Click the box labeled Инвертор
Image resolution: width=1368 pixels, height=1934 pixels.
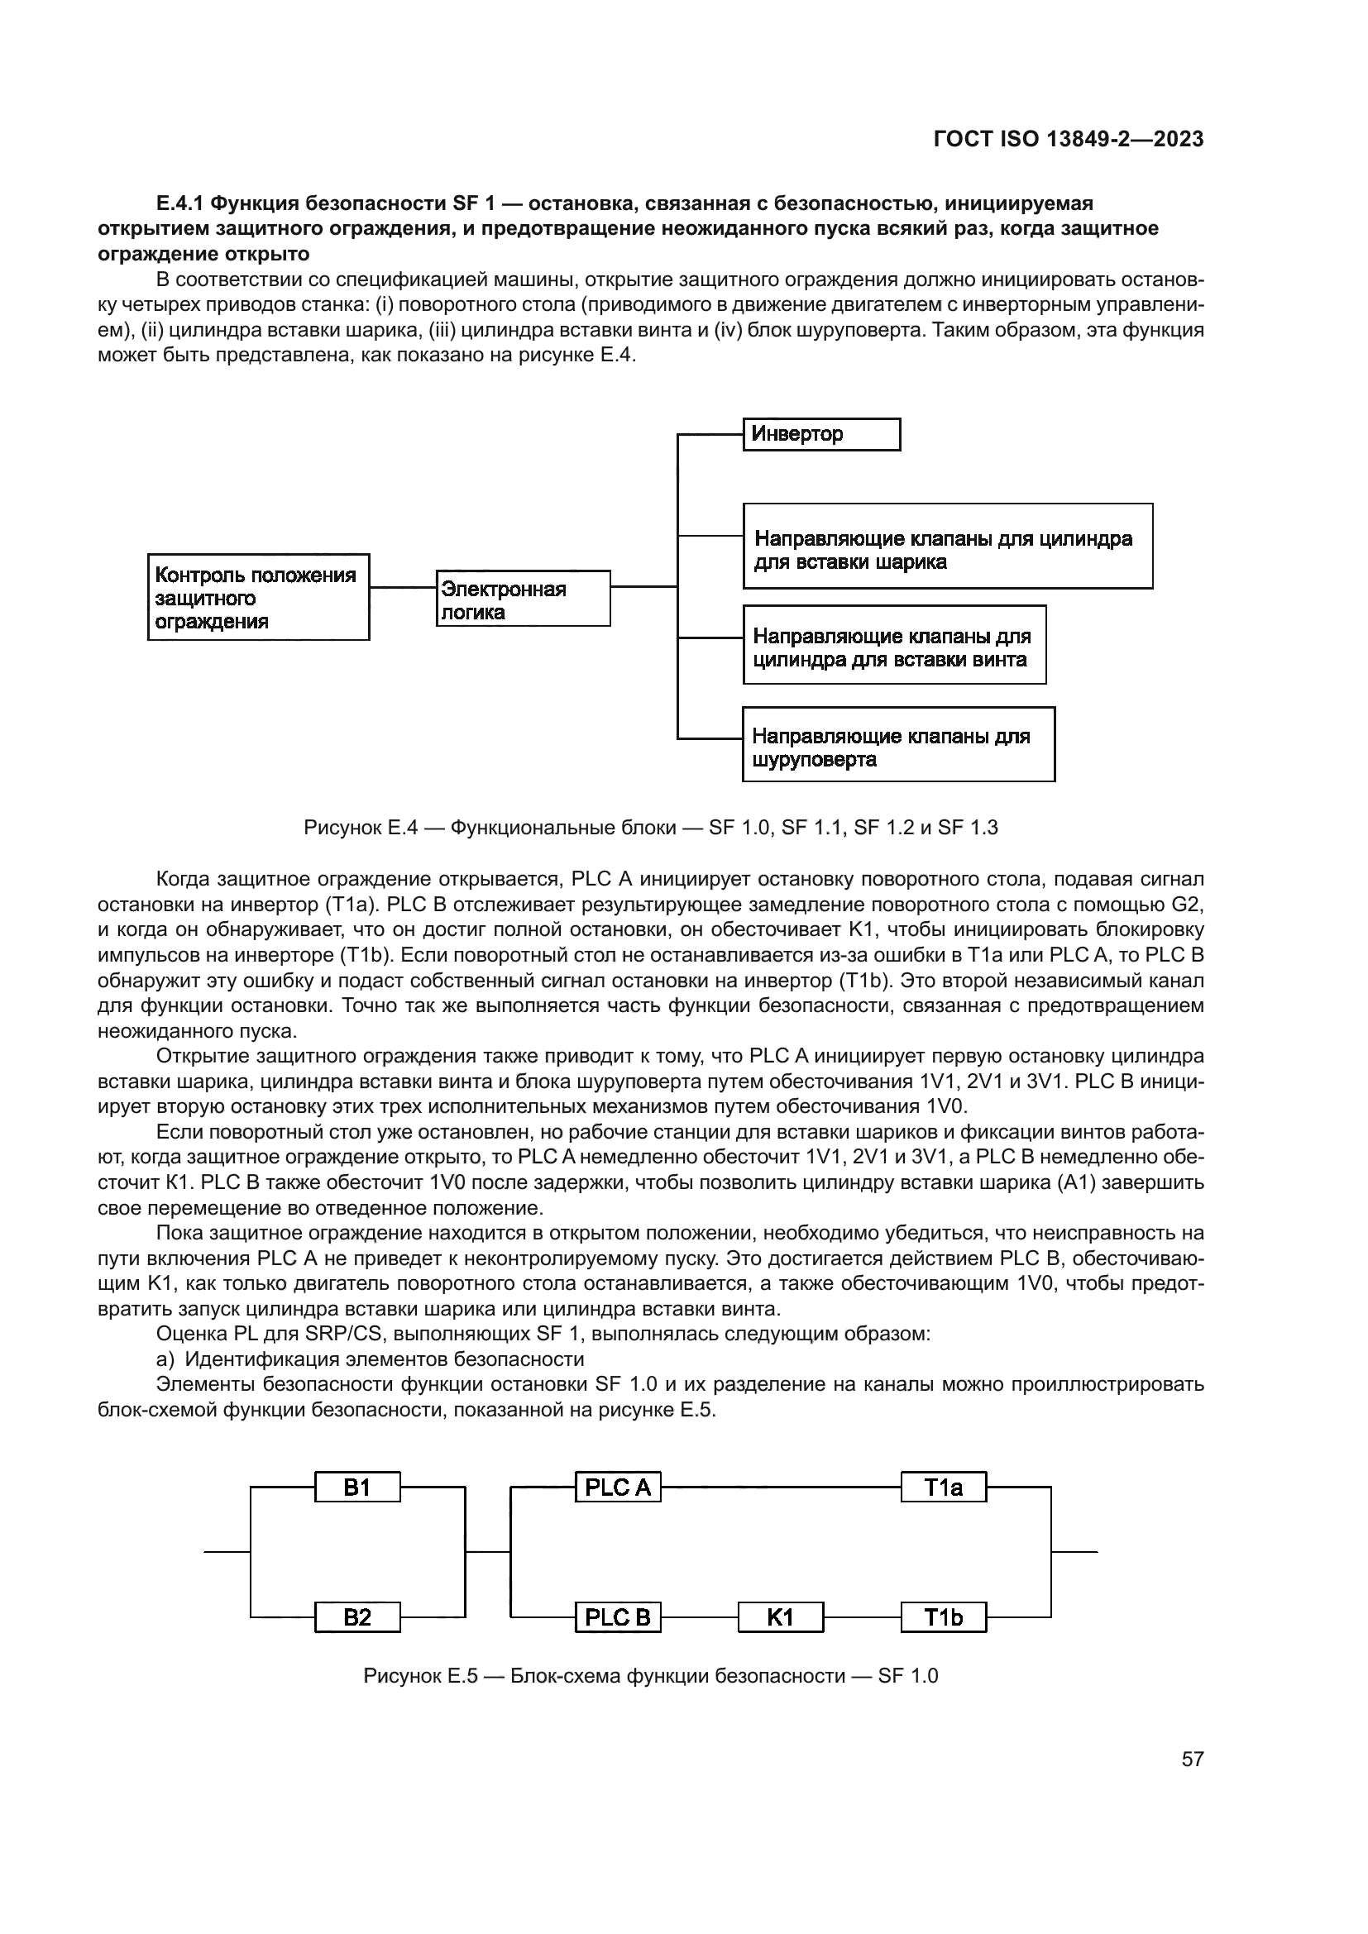(x=821, y=435)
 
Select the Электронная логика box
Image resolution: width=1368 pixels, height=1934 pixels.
(x=523, y=599)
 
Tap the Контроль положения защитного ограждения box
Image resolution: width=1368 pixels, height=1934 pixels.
(x=259, y=597)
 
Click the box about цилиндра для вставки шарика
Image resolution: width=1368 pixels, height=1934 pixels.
(x=947, y=547)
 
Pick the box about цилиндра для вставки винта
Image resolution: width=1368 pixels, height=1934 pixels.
(x=894, y=645)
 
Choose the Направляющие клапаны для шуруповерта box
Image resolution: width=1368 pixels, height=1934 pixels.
(x=898, y=745)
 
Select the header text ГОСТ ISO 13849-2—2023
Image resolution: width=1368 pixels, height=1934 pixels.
(x=1068, y=140)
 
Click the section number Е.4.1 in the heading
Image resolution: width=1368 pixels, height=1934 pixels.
(x=179, y=204)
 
